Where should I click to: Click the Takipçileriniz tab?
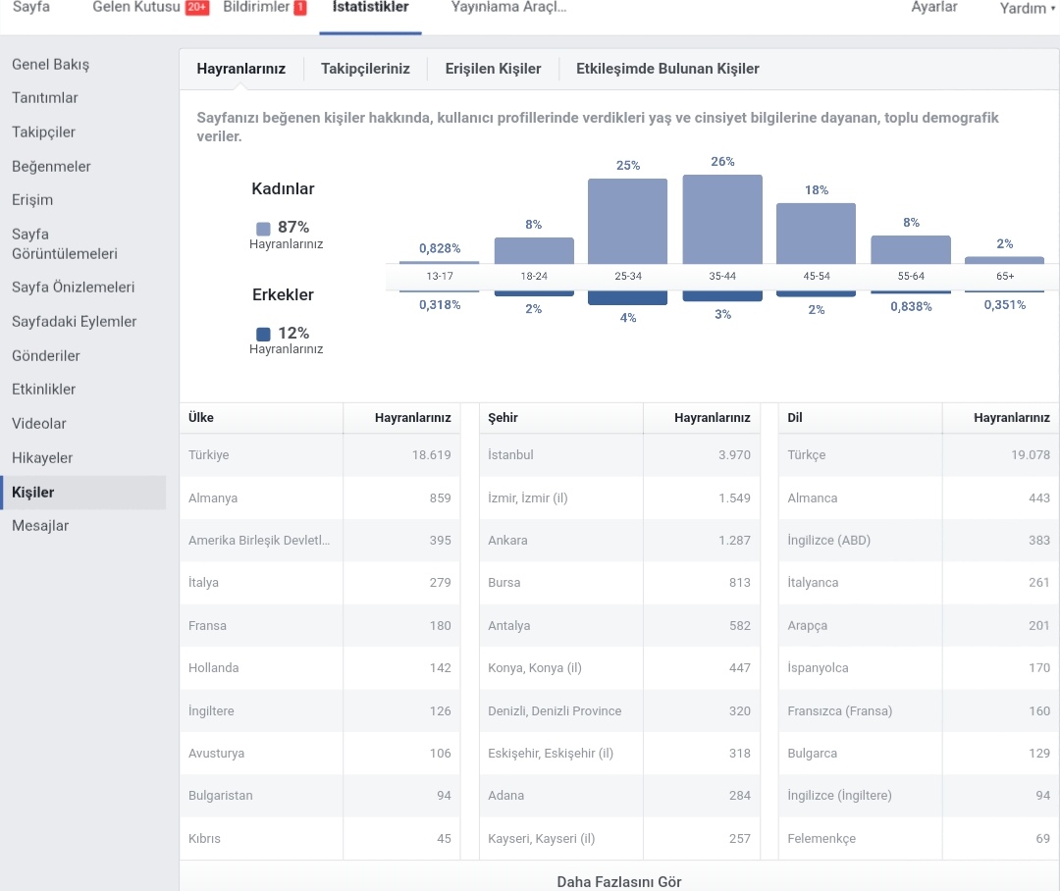point(365,69)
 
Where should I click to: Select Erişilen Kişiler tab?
point(493,69)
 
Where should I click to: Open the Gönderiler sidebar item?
point(46,355)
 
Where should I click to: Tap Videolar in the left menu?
point(39,424)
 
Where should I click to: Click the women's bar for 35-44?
point(722,220)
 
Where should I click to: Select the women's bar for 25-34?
point(627,222)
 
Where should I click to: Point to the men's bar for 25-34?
point(627,297)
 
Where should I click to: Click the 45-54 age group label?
point(816,276)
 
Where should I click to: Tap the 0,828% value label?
point(440,248)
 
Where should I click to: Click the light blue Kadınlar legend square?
point(263,229)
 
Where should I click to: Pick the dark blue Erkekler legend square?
point(263,334)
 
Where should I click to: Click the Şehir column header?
point(503,418)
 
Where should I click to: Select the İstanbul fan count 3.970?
point(734,455)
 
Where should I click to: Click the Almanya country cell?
point(213,498)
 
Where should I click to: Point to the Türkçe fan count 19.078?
point(1031,455)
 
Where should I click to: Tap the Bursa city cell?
point(504,583)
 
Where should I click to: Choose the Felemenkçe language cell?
point(821,839)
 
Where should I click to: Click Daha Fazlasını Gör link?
point(619,881)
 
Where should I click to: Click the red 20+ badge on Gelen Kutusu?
point(196,8)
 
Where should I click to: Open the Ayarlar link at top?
point(934,8)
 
